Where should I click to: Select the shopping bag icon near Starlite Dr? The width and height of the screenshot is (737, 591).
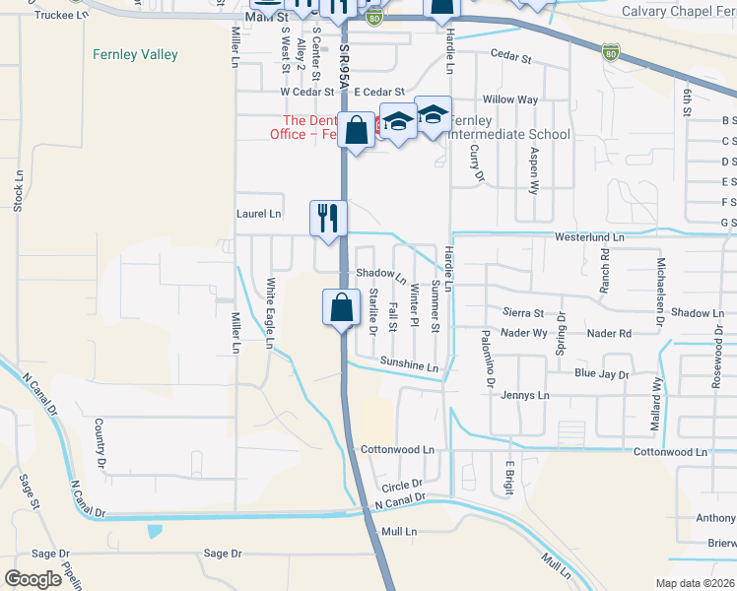[340, 306]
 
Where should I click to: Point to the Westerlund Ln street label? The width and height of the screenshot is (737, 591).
[590, 237]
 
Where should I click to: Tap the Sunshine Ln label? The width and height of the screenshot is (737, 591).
[408, 365]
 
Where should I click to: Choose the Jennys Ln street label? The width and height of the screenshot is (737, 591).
[524, 395]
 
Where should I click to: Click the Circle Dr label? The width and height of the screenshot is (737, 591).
[401, 485]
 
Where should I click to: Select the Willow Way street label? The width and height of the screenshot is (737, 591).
[510, 99]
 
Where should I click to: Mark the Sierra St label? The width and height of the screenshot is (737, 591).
[523, 312]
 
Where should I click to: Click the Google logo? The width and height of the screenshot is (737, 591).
[33, 579]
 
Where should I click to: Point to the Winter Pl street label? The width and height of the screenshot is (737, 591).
[415, 308]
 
